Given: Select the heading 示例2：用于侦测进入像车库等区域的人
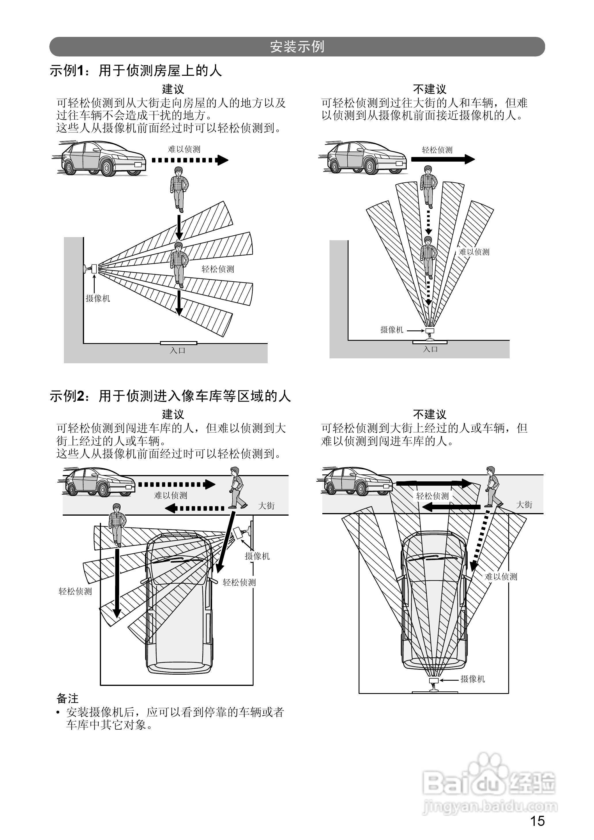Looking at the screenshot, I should click(170, 396).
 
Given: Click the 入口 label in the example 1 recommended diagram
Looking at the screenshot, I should click(178, 351).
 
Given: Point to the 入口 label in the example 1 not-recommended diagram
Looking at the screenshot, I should click(430, 349).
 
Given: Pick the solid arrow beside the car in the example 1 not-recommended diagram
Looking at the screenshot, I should click(443, 159).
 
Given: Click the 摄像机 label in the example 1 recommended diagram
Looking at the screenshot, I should click(98, 298).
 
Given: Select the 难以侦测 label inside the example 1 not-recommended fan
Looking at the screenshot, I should click(474, 252).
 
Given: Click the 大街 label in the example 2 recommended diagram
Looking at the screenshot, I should click(266, 506).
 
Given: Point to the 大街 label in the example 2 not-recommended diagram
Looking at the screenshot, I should click(524, 505).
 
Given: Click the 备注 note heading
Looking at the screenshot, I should click(68, 698).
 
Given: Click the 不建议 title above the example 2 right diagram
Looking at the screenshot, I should click(429, 414).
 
